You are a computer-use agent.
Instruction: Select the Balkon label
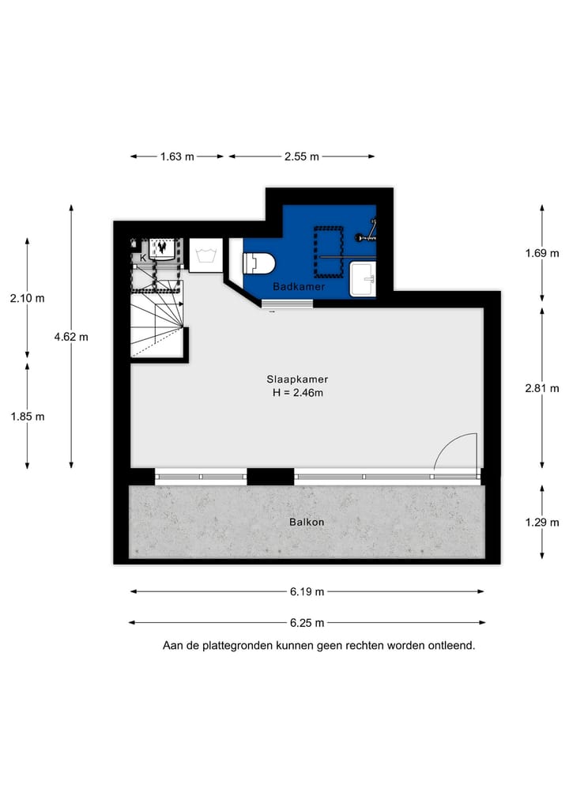tap(307, 522)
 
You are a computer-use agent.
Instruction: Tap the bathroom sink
tap(362, 280)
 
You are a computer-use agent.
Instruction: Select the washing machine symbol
tap(205, 255)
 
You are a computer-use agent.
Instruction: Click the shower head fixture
tap(366, 235)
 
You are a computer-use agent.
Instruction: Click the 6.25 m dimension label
tap(306, 623)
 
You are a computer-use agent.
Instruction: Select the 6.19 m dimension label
tap(307, 591)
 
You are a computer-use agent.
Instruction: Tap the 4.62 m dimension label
tap(71, 337)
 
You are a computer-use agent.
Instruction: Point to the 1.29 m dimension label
tap(542, 522)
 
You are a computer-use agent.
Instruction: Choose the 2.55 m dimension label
tap(302, 157)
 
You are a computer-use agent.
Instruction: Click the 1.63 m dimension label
tap(177, 157)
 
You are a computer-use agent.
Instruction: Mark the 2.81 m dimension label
tap(542, 388)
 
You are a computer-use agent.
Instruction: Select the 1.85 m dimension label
tap(28, 417)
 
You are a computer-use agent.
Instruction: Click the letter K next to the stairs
tap(143, 258)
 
